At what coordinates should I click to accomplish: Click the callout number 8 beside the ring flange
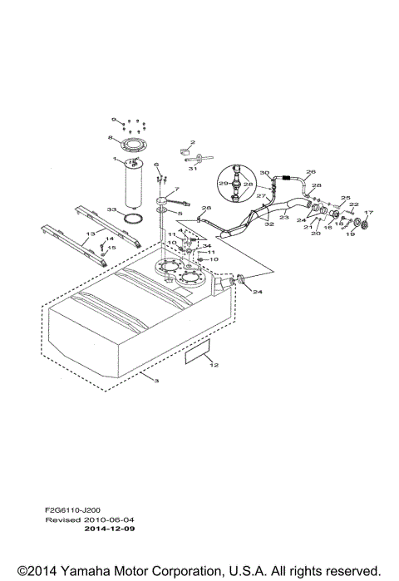coord(110,138)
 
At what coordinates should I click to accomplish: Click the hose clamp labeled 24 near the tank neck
coord(240,280)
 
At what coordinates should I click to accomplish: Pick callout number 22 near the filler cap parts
coord(353,204)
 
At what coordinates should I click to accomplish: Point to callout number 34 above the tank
coord(207,246)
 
